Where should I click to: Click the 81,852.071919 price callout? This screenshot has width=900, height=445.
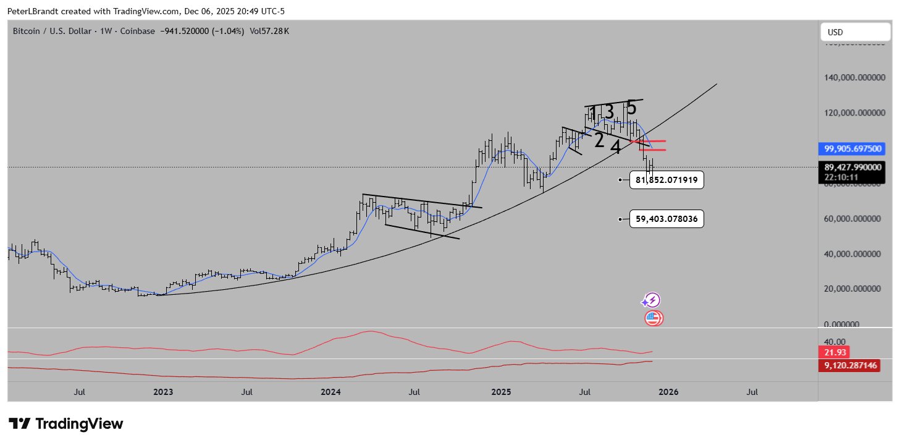point(667,180)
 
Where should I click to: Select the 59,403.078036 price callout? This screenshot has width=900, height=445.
point(667,219)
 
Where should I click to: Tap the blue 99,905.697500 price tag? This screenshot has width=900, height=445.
point(853,149)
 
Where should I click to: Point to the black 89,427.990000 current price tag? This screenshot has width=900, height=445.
point(853,166)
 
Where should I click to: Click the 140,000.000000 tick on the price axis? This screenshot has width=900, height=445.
point(856,78)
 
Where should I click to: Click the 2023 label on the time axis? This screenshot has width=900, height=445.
point(163,392)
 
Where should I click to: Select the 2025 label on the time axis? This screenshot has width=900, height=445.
point(501,392)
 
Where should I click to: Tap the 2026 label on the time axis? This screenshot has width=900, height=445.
point(668,392)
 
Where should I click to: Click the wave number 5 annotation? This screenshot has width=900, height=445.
point(631,108)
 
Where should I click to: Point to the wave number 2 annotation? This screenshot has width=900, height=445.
point(599,140)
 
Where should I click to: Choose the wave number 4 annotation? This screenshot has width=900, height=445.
point(616,147)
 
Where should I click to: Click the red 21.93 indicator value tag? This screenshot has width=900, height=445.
point(835,352)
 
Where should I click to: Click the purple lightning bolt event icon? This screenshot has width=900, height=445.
point(652,301)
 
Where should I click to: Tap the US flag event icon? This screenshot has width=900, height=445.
point(654,319)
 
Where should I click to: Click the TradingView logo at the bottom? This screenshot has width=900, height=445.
point(66,424)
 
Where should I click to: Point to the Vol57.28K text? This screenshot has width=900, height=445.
point(269,32)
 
